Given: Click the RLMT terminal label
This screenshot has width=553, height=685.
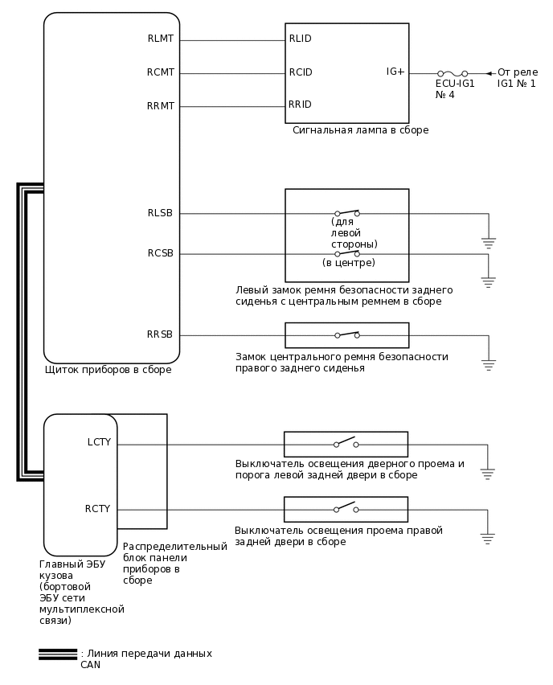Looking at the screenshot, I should point(161,39).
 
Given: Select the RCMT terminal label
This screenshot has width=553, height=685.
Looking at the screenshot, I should point(161,72).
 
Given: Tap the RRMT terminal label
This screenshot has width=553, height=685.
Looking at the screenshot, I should point(161,106).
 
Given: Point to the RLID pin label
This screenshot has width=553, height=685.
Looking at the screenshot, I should point(301,39).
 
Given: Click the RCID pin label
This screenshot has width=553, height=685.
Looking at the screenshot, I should point(301,72).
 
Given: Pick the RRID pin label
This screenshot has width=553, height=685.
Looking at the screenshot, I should point(301,105).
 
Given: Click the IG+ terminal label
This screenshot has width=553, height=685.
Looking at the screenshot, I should point(395,72).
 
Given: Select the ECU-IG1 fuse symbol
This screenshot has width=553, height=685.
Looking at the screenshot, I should point(453,72).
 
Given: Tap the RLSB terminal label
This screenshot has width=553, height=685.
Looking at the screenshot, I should point(159,213).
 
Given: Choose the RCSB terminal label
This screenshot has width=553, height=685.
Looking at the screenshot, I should point(159,253).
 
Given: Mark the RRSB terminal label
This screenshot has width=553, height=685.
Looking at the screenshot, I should point(159,334).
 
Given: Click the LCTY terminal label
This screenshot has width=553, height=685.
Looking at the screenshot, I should point(99,442).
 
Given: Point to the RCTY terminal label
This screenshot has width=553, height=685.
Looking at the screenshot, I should point(98,508).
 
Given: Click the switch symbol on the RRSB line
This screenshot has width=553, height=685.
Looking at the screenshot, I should point(346,334).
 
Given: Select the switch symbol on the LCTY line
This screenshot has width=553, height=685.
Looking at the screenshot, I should point(346,443).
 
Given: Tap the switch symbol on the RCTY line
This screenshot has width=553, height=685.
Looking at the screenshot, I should point(346,508).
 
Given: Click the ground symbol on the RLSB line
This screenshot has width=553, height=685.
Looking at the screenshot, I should point(488,241).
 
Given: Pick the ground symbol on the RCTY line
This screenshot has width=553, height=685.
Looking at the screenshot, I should point(488,537).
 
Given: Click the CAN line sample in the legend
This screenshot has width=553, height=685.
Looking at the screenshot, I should point(58,654).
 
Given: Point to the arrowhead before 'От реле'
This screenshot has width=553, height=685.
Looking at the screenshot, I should point(490,73).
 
